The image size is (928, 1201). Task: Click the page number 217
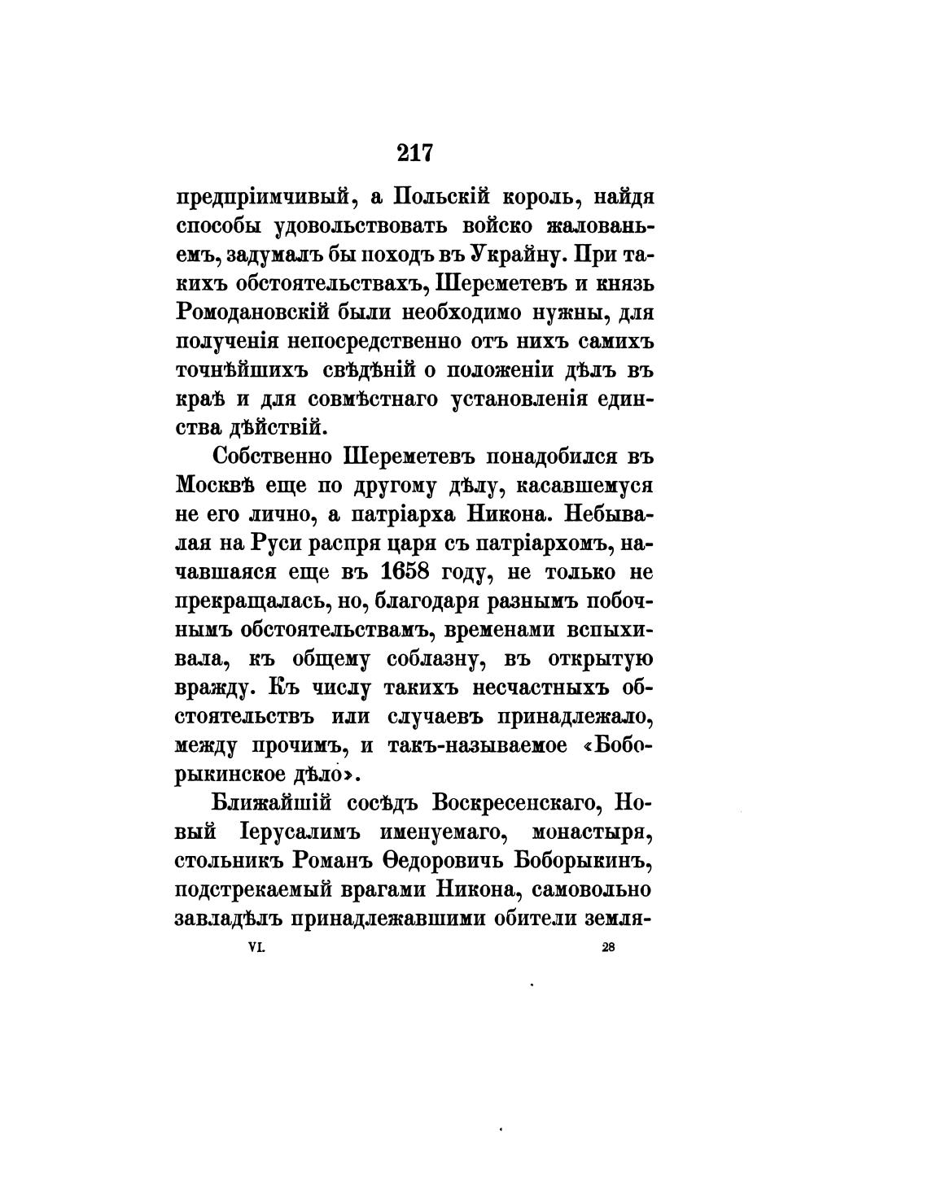(415, 152)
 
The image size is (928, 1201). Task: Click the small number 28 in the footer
(607, 947)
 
